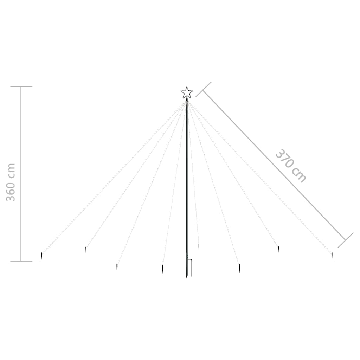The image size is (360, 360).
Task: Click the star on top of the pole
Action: tap(187, 93)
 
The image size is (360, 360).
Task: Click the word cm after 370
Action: tap(300, 175)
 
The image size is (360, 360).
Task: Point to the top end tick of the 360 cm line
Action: tap(21, 86)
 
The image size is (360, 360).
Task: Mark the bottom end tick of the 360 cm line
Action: tap(21, 261)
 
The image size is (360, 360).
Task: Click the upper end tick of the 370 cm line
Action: tap(204, 89)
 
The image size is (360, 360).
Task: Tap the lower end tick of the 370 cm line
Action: tap(345, 240)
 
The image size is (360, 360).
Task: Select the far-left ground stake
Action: tap(41, 256)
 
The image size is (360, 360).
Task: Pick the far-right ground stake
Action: tap(332, 256)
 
